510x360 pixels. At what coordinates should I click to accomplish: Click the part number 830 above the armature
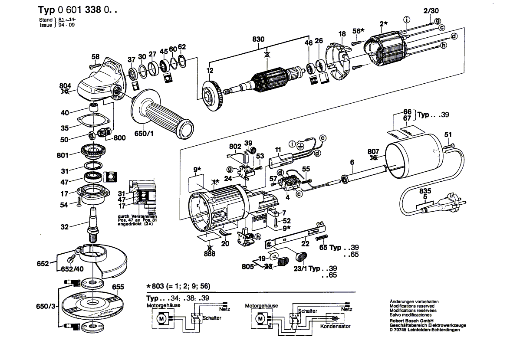point(258,39)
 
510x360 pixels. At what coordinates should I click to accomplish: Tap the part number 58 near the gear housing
point(95,56)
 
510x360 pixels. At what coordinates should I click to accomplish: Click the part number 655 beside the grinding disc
point(118,287)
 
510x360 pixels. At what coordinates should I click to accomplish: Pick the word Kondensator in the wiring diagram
point(335,326)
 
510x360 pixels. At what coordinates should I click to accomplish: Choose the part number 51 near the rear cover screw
point(448,134)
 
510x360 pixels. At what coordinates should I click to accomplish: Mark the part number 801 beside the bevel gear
point(63,154)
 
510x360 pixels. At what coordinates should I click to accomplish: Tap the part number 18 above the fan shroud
point(342,34)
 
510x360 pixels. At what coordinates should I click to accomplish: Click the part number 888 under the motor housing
point(210,254)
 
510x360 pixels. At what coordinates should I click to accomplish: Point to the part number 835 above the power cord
point(425,191)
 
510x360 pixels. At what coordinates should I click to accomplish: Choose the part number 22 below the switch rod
point(305,244)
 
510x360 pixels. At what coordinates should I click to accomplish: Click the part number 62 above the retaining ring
point(182,47)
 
